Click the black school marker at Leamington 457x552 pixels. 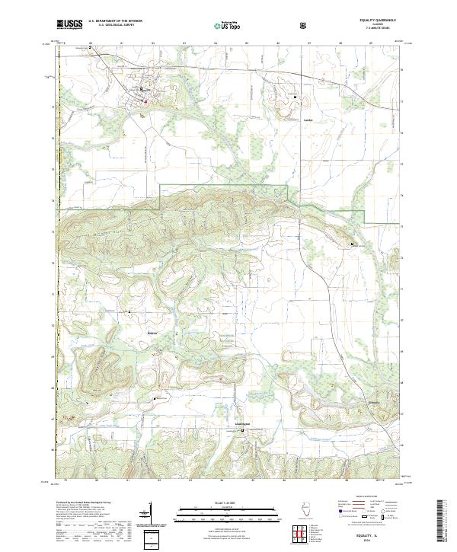tap(243, 432)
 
